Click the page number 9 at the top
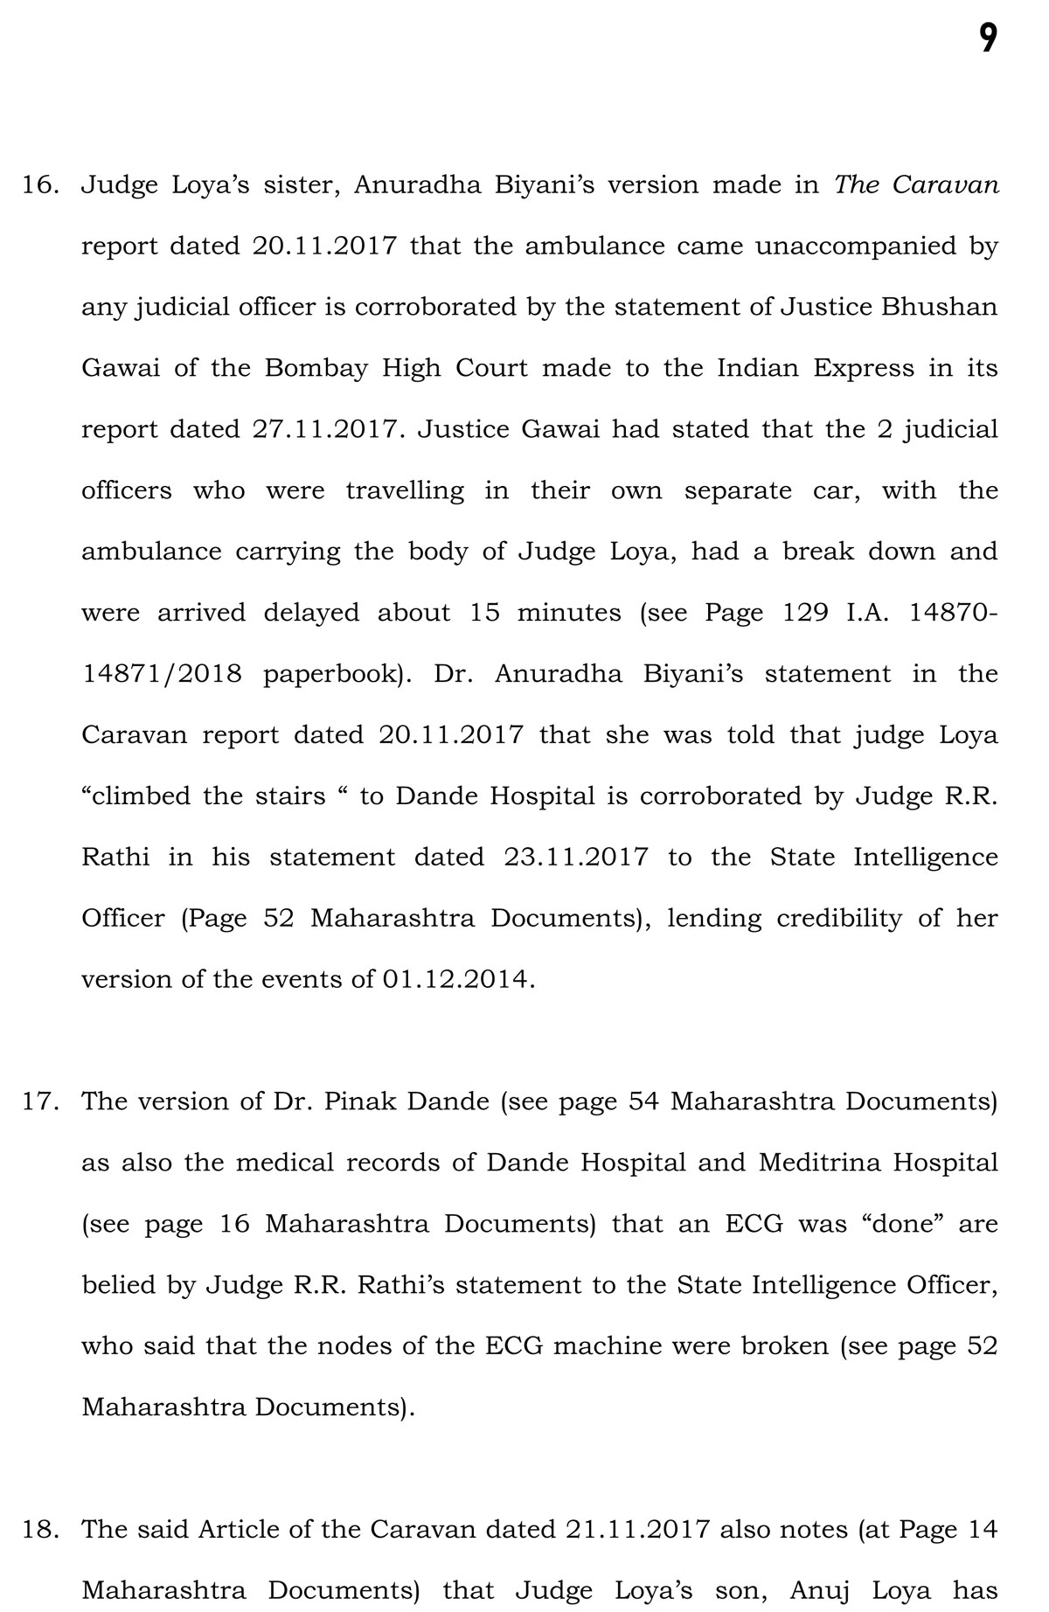coord(987,38)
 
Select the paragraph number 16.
coord(38,185)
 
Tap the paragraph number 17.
coord(38,1101)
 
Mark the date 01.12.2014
coord(455,979)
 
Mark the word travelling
coord(405,490)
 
